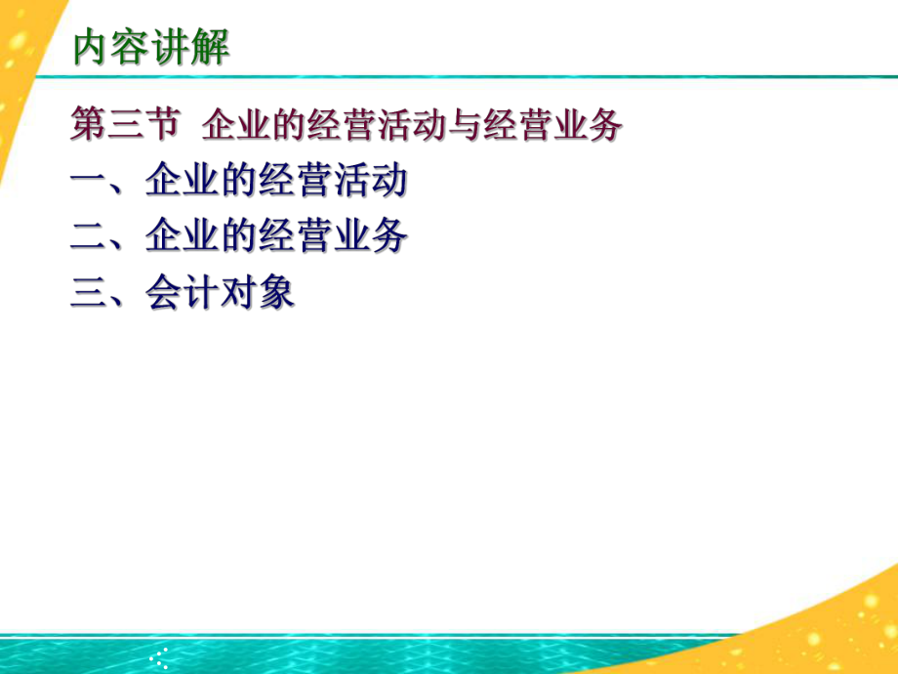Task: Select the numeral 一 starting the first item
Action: tap(89, 183)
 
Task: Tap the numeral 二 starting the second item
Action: tap(89, 237)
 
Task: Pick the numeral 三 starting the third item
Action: tap(89, 293)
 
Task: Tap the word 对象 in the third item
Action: tap(262, 293)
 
